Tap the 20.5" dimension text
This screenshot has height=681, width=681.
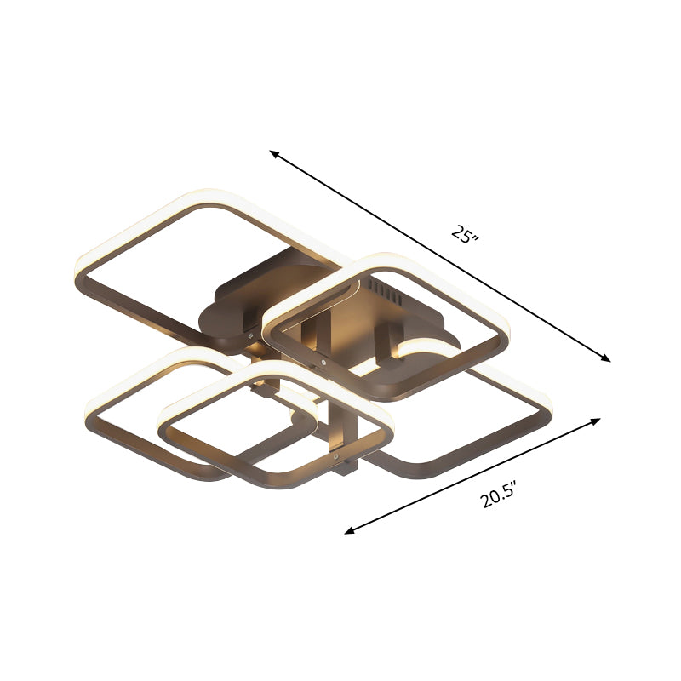(x=500, y=495)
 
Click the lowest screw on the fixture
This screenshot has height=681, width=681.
(x=344, y=460)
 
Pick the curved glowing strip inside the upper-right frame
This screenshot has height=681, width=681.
(x=426, y=346)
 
